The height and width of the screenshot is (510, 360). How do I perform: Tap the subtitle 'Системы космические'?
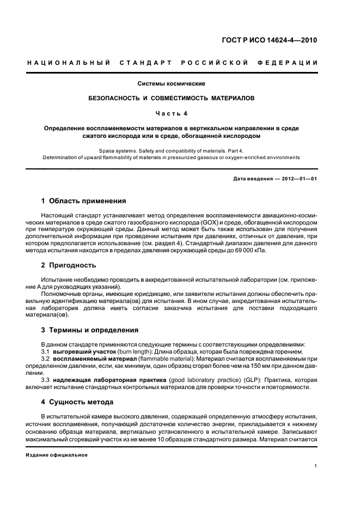click(172, 83)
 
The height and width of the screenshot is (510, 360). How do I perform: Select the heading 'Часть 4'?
click(172, 113)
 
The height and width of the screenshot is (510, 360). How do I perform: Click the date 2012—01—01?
click(298, 179)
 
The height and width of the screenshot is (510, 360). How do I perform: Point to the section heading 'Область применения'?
click(88, 201)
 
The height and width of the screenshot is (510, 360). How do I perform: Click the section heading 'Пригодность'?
click(72, 265)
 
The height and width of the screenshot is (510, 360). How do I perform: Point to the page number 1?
click(316, 465)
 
